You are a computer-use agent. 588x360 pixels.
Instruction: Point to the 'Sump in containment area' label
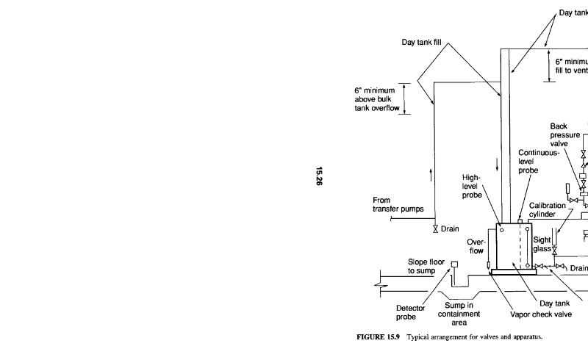(x=465, y=314)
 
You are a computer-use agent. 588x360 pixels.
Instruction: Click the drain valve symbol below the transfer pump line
(x=435, y=228)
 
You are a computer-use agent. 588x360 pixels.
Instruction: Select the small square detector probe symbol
(x=454, y=265)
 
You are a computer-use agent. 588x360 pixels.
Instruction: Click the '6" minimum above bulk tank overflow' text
(x=379, y=101)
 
